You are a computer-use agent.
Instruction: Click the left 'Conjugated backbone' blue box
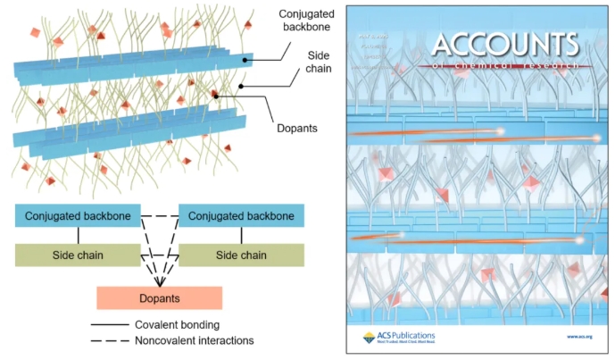pyautogui.click(x=78, y=215)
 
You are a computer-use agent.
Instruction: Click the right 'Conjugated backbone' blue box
pyautogui.click(x=241, y=215)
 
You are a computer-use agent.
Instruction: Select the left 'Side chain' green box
pyautogui.click(x=78, y=255)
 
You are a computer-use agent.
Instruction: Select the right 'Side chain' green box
pyautogui.click(x=241, y=255)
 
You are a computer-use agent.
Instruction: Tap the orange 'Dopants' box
pyautogui.click(x=158, y=297)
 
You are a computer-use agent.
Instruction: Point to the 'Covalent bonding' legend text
pyautogui.click(x=175, y=324)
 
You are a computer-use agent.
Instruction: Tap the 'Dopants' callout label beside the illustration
pyautogui.click(x=297, y=129)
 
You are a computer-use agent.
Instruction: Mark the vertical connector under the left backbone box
pyautogui.click(x=78, y=235)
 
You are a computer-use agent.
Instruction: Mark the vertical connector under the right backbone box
pyautogui.click(x=241, y=235)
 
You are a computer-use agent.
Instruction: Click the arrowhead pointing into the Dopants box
pyautogui.click(x=158, y=281)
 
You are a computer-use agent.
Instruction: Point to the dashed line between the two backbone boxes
pyautogui.click(x=160, y=215)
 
